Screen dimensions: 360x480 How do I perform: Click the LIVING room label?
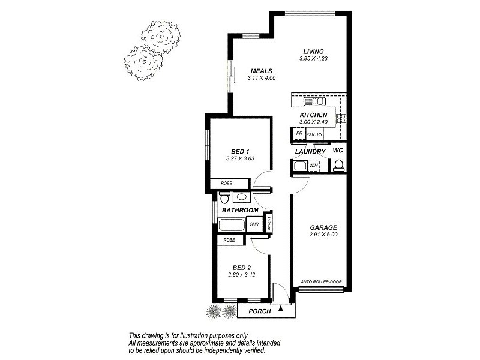pyautogui.click(x=313, y=52)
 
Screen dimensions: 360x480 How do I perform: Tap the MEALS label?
pyautogui.click(x=262, y=71)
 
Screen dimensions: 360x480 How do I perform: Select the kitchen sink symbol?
pyautogui.click(x=314, y=101)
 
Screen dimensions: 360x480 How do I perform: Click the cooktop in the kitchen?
pyautogui.click(x=341, y=118)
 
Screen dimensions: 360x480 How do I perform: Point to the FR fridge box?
pyautogui.click(x=299, y=134)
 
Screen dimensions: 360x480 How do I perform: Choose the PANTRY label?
pyautogui.click(x=315, y=134)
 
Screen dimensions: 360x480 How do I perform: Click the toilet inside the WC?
pyautogui.click(x=338, y=164)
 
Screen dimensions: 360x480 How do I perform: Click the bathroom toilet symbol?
pyautogui.click(x=224, y=197)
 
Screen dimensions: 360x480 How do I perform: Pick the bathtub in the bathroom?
pyautogui.click(x=231, y=226)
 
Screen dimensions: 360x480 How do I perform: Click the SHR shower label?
pyautogui.click(x=254, y=225)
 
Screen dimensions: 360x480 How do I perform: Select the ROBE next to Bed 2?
pyautogui.click(x=229, y=240)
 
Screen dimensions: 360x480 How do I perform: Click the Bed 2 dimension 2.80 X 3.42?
pyautogui.click(x=240, y=275)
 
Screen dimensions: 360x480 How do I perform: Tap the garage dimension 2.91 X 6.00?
pyautogui.click(x=323, y=235)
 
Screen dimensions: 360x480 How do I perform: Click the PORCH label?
pyautogui.click(x=259, y=311)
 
